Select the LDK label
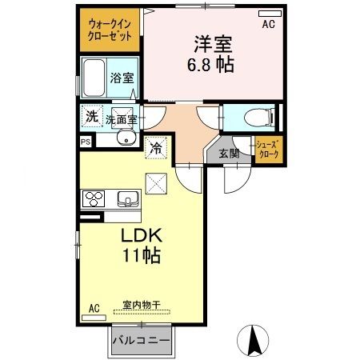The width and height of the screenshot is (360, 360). (141, 236)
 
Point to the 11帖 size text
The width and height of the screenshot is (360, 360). (142, 257)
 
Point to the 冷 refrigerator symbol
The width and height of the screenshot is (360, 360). (157, 147)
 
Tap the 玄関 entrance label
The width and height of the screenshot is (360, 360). (229, 154)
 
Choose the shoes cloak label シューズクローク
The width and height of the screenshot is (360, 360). (266, 150)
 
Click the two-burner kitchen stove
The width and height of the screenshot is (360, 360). (92, 198)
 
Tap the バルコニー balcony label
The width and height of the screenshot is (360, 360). (141, 340)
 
